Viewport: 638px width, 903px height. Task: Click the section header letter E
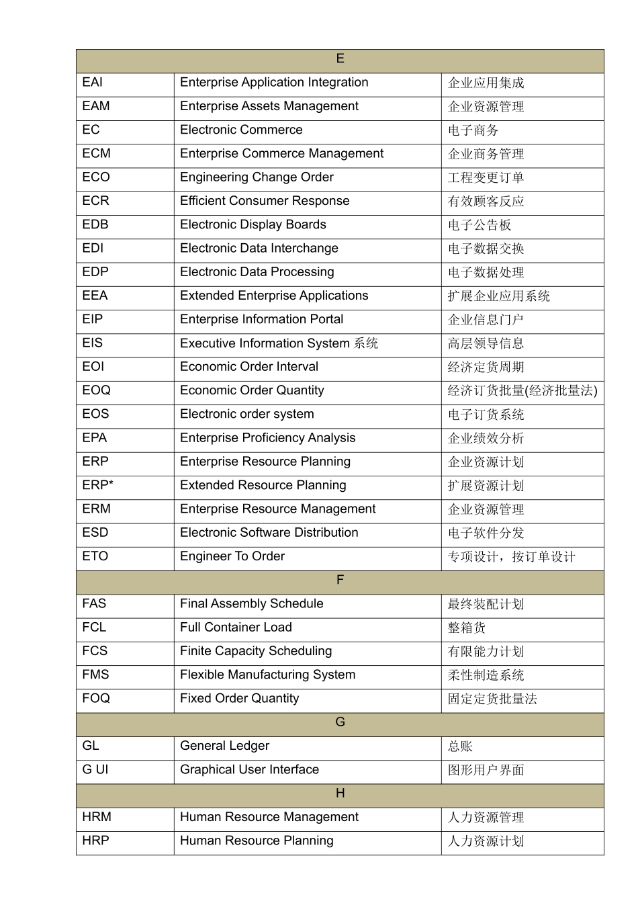pos(340,59)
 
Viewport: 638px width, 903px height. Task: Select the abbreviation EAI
pos(93,83)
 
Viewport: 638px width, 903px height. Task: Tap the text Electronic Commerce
pos(241,130)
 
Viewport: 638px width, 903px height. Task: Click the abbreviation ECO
pos(96,177)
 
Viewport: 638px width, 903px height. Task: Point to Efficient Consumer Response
pos(265,201)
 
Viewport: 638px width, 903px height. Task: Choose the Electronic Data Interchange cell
pos(259,249)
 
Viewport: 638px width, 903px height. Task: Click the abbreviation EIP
pos(93,319)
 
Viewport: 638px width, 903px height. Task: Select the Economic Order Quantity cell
pos(252,390)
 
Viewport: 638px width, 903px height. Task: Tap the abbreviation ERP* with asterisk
pos(98,485)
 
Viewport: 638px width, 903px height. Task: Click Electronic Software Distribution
pos(269,533)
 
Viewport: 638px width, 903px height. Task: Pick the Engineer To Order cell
pos(232,556)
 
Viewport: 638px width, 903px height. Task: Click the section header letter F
pos(340,580)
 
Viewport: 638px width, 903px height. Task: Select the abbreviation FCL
pos(94,628)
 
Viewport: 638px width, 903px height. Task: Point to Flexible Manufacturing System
pos(268,675)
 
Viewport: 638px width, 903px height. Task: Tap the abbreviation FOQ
pos(96,698)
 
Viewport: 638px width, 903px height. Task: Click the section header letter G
pos(340,722)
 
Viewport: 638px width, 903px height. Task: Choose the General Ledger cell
pos(224,746)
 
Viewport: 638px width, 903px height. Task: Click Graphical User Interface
pos(249,769)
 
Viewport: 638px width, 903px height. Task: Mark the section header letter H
pos(340,793)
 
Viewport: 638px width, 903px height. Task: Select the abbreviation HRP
pos(95,841)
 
